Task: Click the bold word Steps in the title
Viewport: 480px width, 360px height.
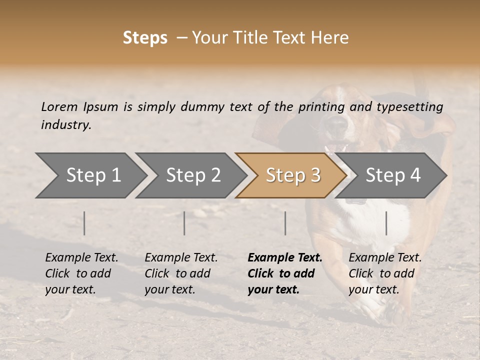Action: coord(145,38)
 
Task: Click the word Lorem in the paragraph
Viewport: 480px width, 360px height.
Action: coord(59,106)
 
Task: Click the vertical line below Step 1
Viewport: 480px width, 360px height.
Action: coord(84,223)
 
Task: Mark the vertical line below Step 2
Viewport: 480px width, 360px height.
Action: coord(184,223)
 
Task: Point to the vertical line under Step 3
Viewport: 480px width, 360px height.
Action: coord(285,223)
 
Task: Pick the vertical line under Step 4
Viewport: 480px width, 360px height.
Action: coord(386,223)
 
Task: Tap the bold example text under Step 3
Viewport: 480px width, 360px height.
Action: coord(284,273)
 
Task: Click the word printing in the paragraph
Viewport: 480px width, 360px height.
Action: coord(317,107)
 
